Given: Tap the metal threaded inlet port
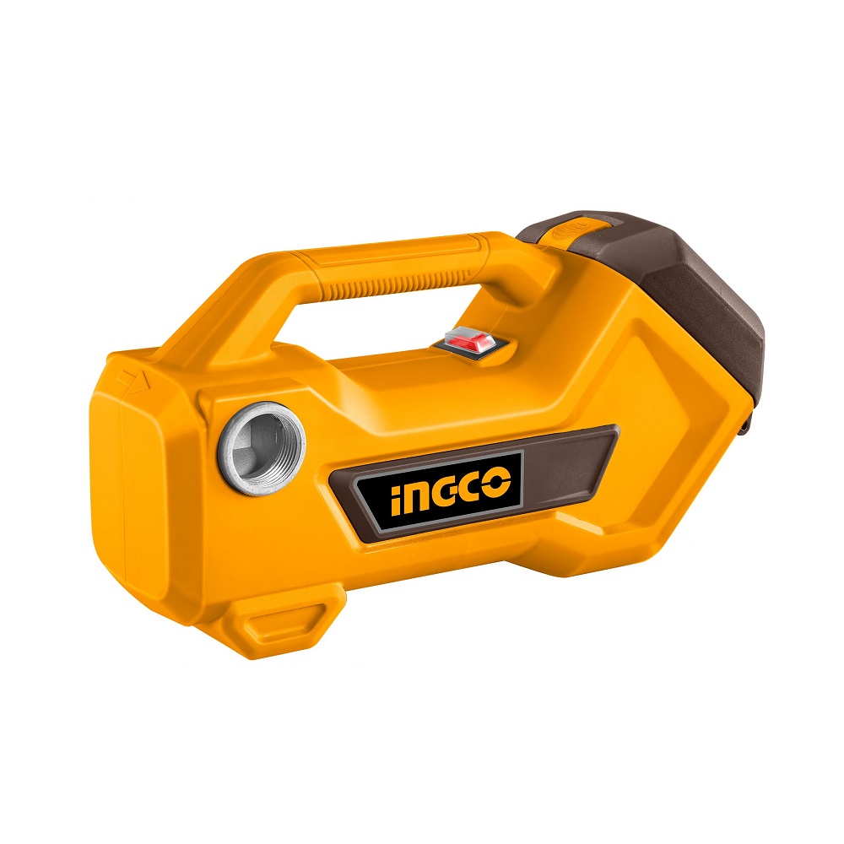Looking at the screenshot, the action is click(x=262, y=448).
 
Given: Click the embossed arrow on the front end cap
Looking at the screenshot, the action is click(x=133, y=381).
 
